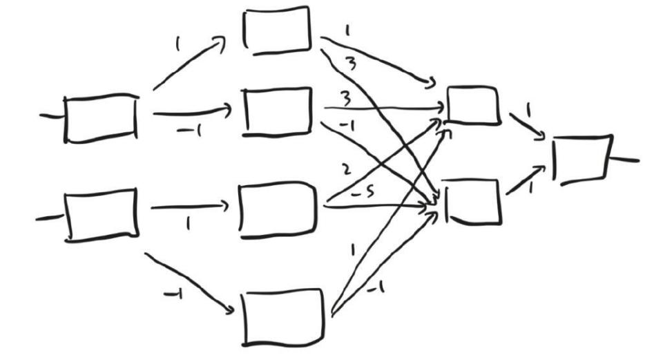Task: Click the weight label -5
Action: (363, 193)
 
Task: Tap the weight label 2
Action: (346, 169)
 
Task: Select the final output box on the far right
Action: (582, 160)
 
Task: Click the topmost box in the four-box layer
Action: (277, 30)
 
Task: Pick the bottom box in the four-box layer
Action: (283, 317)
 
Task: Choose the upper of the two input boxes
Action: (101, 118)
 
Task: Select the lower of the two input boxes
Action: (102, 216)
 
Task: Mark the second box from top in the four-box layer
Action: (278, 112)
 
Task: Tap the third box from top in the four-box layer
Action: (278, 210)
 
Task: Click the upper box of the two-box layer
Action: (474, 105)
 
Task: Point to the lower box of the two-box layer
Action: (474, 201)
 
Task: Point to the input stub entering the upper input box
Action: (51, 115)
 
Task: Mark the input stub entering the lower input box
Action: (50, 218)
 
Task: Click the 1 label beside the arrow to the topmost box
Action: (177, 44)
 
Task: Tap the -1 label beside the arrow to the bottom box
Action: (173, 294)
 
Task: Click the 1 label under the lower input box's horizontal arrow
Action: (188, 223)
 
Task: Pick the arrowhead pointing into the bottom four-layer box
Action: (229, 310)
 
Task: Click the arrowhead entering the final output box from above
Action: (541, 136)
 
